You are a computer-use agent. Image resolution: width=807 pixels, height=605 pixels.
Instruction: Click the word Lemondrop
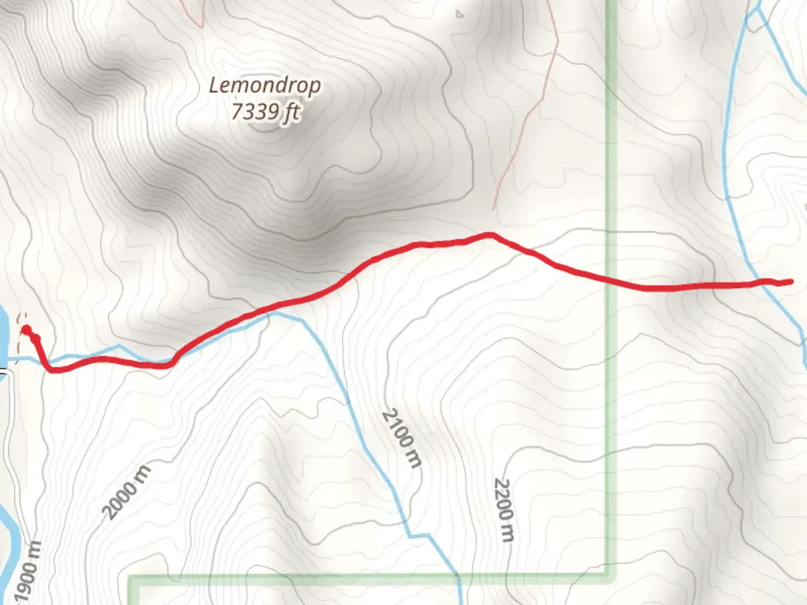[265, 86]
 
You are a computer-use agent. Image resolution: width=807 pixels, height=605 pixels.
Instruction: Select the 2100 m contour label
[401, 439]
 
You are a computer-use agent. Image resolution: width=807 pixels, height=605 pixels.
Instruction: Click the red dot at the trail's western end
[26, 330]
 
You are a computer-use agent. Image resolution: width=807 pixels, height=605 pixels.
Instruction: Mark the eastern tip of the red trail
[791, 282]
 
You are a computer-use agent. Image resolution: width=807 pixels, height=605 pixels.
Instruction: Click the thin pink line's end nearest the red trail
[494, 210]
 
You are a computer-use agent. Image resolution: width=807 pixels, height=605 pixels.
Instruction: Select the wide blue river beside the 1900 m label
[7, 527]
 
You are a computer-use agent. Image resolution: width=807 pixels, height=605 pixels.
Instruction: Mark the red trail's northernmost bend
[490, 235]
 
